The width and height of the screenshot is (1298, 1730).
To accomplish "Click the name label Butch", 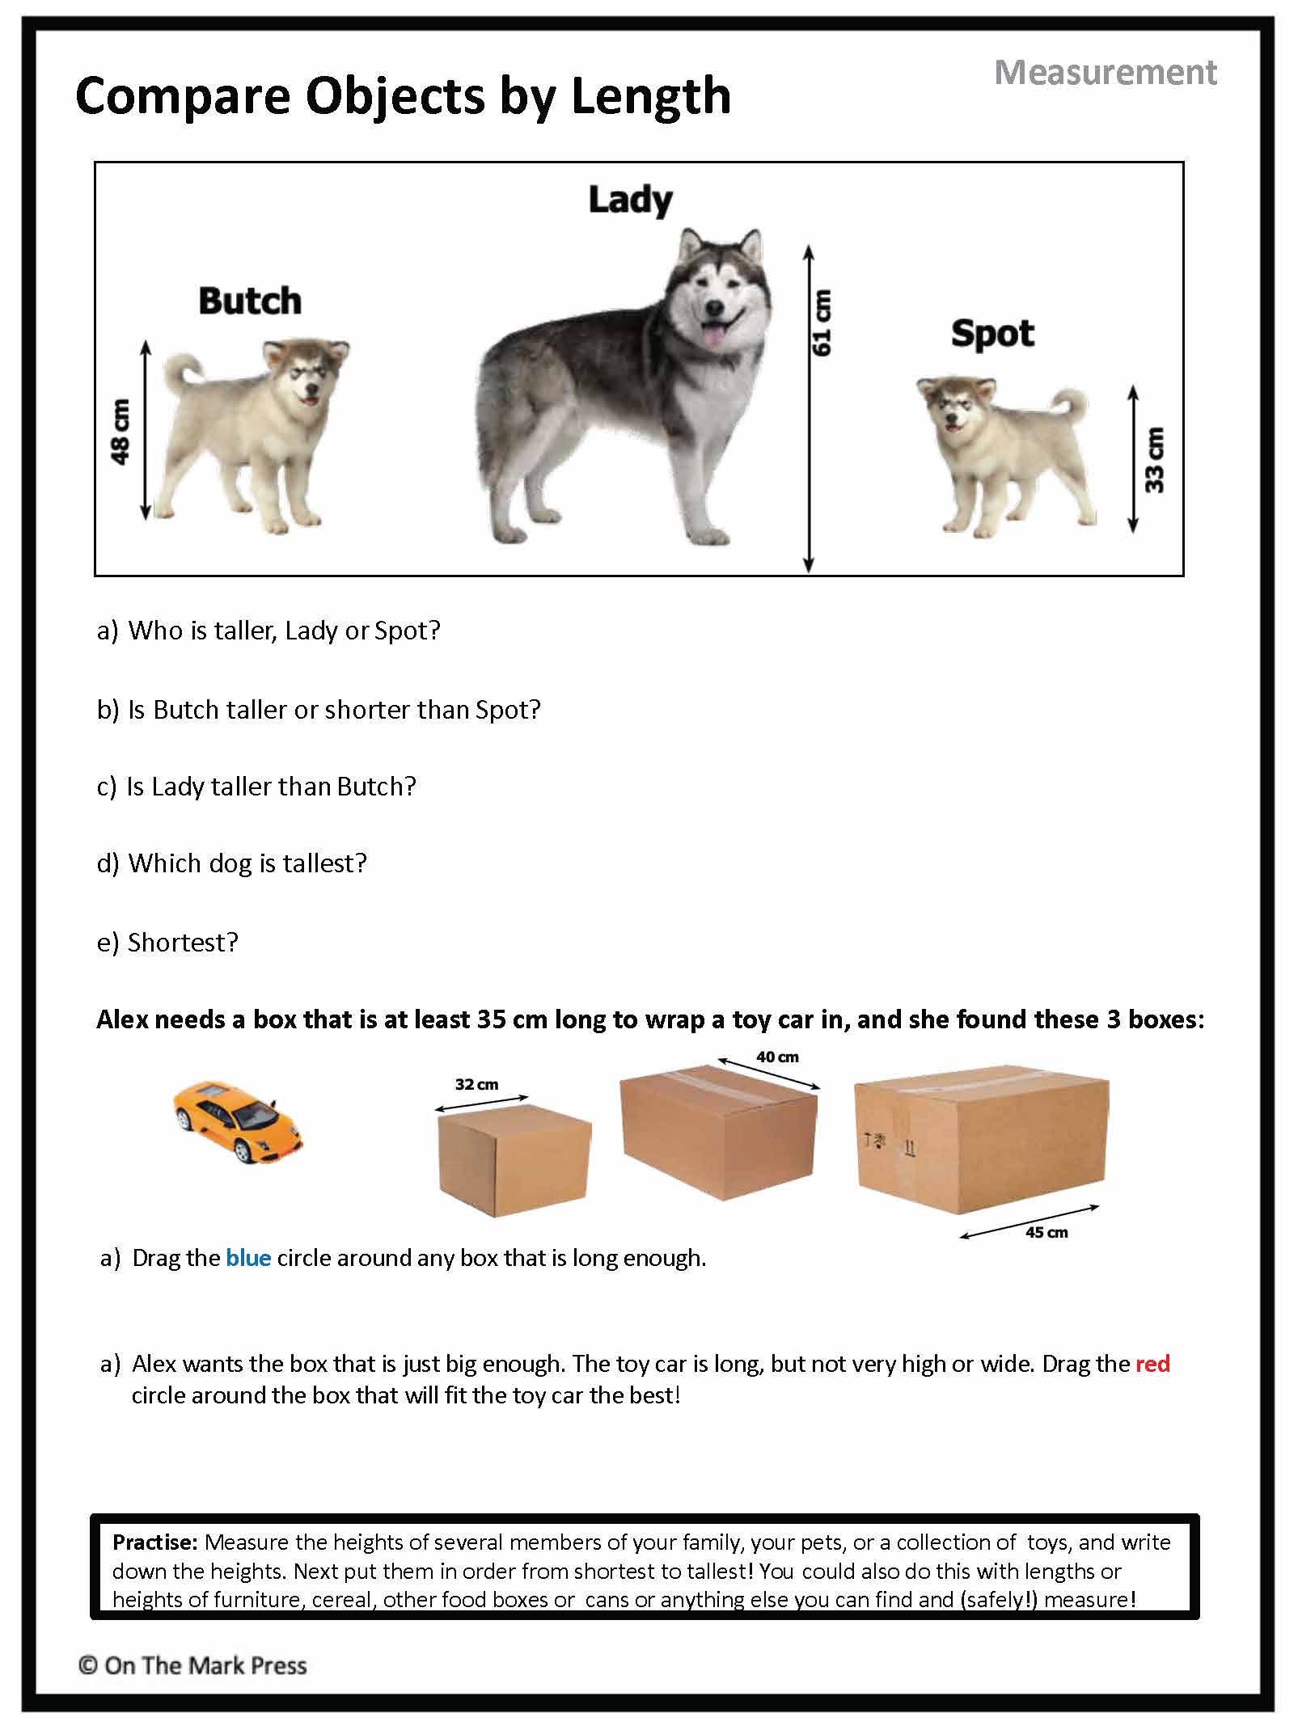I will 250,301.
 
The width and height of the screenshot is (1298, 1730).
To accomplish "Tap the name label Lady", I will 630,200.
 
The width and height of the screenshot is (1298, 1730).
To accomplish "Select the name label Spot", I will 992,333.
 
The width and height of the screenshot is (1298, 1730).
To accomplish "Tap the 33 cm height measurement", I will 1156,459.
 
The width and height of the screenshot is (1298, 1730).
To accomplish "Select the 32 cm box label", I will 476,1084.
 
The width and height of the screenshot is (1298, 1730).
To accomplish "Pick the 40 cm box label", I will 777,1057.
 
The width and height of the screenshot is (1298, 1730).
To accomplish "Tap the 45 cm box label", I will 1046,1233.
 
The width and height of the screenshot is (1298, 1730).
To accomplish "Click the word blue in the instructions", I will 248,1258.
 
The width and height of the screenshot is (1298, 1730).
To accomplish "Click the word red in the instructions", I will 1152,1364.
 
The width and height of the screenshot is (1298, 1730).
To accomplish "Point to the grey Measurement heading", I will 1105,73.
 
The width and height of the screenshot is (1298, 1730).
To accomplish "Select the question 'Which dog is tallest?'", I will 247,863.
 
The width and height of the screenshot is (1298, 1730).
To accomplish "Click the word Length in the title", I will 650,96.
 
